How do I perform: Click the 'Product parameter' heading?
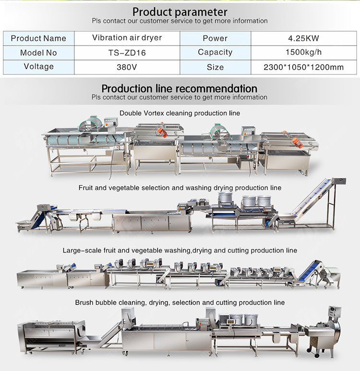pyautogui.click(x=180, y=12)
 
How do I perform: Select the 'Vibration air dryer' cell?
pyautogui.click(x=126, y=38)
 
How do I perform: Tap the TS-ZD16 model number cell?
pyautogui.click(x=126, y=53)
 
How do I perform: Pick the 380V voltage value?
pyautogui.click(x=126, y=67)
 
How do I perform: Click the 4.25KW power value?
pyautogui.click(x=303, y=38)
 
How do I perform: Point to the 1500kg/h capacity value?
pyautogui.click(x=303, y=53)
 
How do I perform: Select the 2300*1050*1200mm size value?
pyautogui.click(x=303, y=67)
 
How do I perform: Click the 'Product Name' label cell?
pyautogui.click(x=38, y=38)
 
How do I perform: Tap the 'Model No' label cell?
pyautogui.click(x=38, y=53)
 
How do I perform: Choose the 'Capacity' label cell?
pyautogui.click(x=215, y=52)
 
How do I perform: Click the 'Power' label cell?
pyautogui.click(x=215, y=38)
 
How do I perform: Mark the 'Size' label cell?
pyautogui.click(x=215, y=67)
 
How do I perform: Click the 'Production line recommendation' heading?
pyautogui.click(x=180, y=89)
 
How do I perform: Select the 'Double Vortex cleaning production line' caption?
pyautogui.click(x=180, y=113)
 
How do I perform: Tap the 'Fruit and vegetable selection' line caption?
pyautogui.click(x=180, y=188)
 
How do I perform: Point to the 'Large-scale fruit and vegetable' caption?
pyautogui.click(x=180, y=251)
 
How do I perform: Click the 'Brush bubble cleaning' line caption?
pyautogui.click(x=180, y=303)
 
